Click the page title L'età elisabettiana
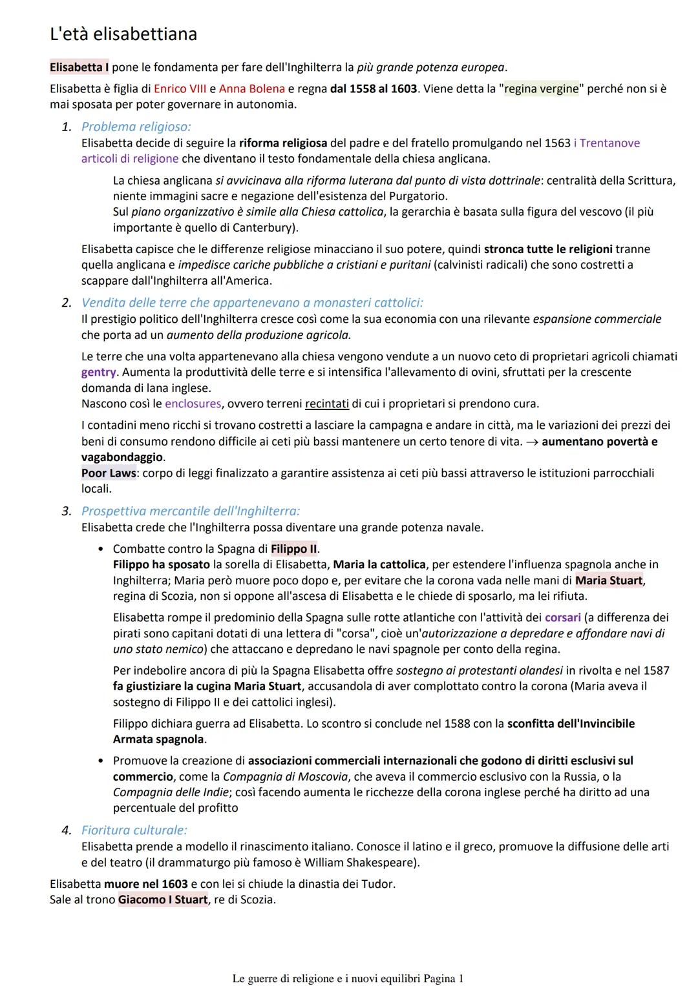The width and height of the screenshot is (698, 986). pos(123,34)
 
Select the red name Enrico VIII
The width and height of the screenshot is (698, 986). pos(180,88)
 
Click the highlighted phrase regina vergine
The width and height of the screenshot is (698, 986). pos(541,88)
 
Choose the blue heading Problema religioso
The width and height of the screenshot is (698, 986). pos(136,127)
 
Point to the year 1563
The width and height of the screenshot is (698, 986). pos(557,143)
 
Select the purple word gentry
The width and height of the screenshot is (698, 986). pos(98,372)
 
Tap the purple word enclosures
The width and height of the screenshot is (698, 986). pos(193,404)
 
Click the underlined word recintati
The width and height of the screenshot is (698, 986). pos(327,404)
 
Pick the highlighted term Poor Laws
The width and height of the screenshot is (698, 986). pos(109,473)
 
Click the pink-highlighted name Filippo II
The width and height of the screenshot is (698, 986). pos(294,549)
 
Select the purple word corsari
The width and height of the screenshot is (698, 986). pos(562,617)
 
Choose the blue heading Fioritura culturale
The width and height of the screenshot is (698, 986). pos(134,830)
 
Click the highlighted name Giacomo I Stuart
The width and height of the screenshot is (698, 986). pos(163,899)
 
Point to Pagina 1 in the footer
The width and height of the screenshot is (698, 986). pos(443,978)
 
